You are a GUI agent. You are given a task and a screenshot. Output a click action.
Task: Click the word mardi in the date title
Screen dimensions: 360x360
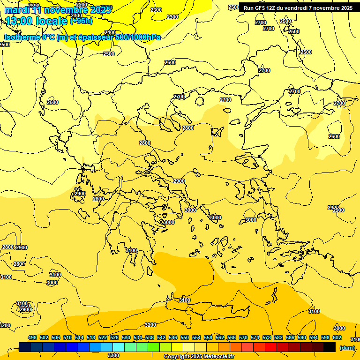point(17,10)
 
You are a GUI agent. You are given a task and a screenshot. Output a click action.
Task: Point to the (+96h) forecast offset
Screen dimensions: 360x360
point(81,21)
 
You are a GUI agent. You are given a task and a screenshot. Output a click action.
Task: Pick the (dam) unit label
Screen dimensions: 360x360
point(347,347)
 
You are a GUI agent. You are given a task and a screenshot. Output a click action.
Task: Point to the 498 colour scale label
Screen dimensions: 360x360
point(32,337)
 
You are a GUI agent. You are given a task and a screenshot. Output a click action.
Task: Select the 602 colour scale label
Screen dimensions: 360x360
point(337,337)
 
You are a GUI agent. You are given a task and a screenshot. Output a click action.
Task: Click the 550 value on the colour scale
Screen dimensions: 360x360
point(185,337)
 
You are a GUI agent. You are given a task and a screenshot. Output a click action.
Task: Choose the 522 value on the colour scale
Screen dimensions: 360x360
point(103,337)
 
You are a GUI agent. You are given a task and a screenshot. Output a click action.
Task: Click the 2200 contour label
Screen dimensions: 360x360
point(81,5)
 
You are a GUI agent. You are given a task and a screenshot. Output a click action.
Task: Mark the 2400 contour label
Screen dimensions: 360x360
point(110,32)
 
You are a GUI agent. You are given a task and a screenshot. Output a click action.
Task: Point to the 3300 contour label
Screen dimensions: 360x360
point(113,355)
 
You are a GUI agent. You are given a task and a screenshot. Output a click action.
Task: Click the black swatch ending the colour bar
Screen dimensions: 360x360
point(330,347)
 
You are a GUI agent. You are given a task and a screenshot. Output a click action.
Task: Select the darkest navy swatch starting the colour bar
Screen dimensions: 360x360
point(25,347)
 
